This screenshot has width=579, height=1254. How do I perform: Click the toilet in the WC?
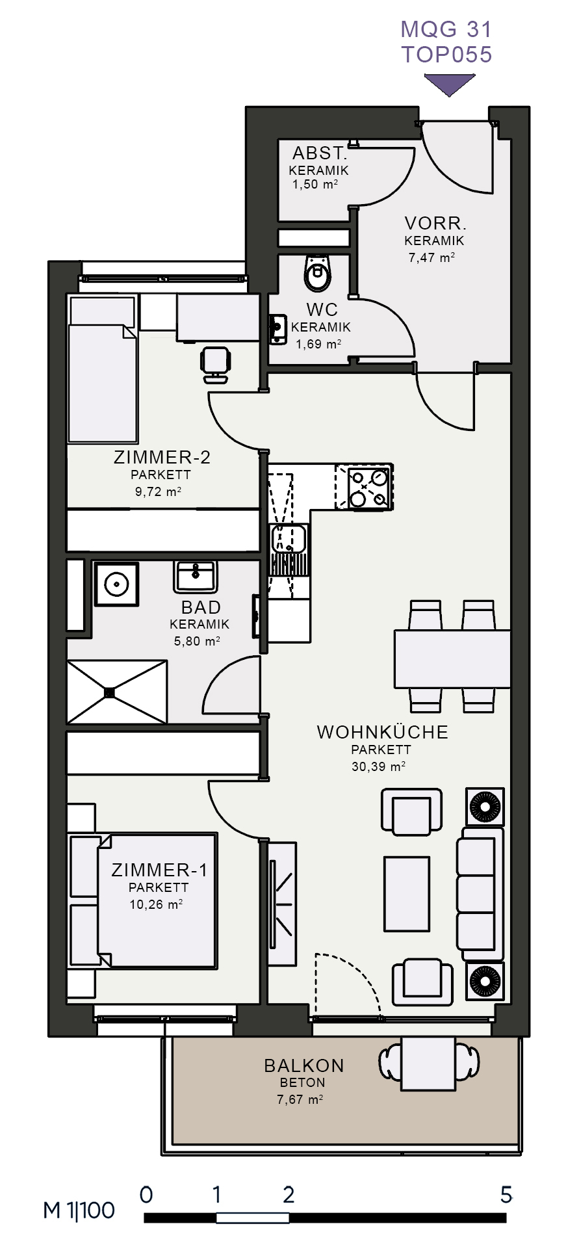pos(318,272)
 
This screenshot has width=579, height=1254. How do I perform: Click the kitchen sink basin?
pos(289,539)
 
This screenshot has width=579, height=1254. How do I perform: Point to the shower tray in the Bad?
pos(117,692)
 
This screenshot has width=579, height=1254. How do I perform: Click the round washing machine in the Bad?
pos(116,584)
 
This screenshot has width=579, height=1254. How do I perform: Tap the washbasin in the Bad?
pos(195,577)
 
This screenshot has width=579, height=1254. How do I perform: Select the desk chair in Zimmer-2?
pos(216,364)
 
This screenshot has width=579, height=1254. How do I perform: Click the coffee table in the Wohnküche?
pos(407,893)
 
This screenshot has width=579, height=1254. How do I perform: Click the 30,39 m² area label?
pos(379,766)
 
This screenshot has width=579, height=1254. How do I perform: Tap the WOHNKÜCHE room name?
pos(382,732)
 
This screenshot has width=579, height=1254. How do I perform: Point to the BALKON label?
pos(304,1065)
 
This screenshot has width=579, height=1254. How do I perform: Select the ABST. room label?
pos(320,153)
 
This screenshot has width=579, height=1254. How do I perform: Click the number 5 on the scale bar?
pos(506,1195)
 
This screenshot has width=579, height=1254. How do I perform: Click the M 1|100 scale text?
pos(79,1210)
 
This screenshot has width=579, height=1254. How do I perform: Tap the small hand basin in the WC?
pos(279,329)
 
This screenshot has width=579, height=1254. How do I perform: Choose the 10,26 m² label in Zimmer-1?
pos(156,904)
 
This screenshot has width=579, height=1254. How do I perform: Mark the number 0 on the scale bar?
pos(146,1195)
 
